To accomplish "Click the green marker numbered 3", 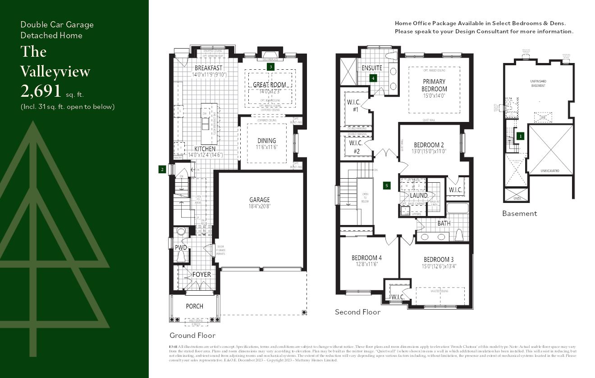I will point(270,66).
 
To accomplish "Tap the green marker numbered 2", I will point(162,169).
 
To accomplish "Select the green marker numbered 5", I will point(386,185).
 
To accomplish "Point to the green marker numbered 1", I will point(520,135).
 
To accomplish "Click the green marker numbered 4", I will point(373,78).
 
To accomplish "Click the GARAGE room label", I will point(260,200).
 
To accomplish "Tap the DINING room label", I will point(266,141).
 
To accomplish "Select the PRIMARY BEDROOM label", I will point(435,85).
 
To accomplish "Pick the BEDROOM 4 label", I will point(366,258).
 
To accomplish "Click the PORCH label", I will point(195,306).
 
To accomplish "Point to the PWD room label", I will point(181,247).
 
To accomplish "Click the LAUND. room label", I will point(419,195).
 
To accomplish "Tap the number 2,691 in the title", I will point(41,91).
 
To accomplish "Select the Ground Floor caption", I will point(192,335).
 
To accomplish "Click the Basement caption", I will point(519,213).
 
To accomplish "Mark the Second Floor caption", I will point(357,312).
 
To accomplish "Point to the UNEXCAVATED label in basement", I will point(550,171).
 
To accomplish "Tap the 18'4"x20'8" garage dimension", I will point(260,207).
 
